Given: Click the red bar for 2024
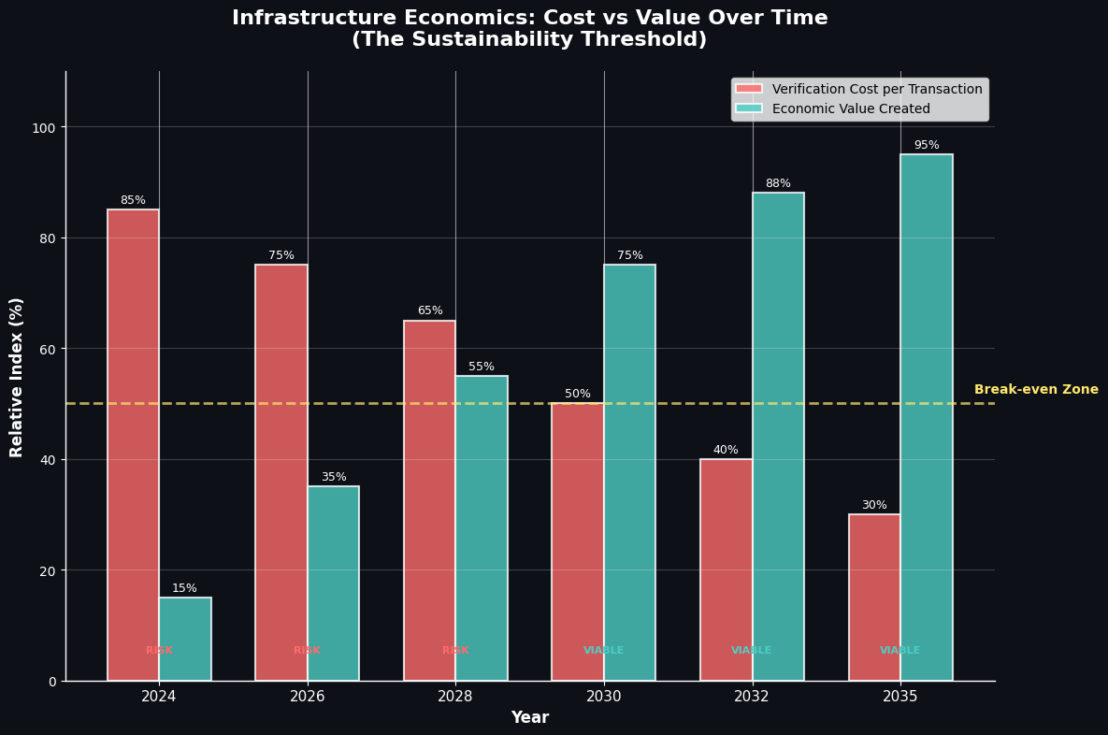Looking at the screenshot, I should coord(133,444).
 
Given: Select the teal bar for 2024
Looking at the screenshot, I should coord(185,639).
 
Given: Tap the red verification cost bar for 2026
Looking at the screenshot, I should coord(281,472).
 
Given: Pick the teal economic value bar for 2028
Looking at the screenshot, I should coord(482,528).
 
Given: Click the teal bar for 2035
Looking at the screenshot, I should coord(927,417).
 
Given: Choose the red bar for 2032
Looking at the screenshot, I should coord(727,569).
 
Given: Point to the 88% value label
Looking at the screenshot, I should coord(778,184).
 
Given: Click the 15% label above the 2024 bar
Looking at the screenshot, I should coord(184,589).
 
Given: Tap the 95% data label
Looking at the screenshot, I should coord(927,146).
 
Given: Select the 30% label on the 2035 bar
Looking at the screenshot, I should coord(874,506).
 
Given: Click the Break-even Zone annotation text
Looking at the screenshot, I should coord(1036,390).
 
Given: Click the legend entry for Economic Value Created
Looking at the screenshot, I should coord(851,109).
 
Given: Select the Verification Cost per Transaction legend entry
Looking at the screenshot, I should coord(877,90).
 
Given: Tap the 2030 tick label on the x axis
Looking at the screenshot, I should coord(604,697).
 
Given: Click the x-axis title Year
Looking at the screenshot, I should coord(529,718).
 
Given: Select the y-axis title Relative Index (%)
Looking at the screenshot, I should coord(17,377).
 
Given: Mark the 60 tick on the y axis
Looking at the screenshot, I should coord(47,349).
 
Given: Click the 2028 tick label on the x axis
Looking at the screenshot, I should coord(455,697).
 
